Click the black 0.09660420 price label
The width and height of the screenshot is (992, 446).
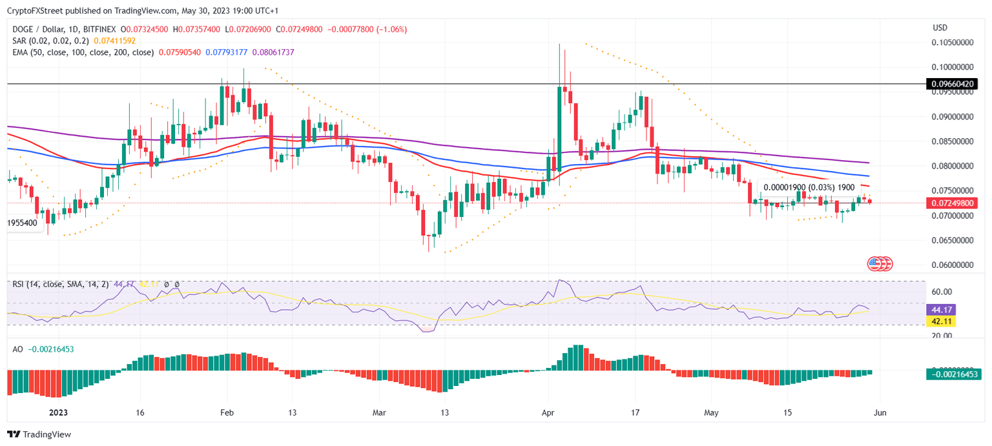tap(951, 84)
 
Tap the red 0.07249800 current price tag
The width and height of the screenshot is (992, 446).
tap(951, 203)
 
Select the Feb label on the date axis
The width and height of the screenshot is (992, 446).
tap(226, 412)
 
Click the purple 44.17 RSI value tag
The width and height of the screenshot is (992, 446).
tap(940, 310)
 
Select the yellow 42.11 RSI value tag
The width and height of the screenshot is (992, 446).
tap(940, 321)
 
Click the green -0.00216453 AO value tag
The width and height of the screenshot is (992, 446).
tap(951, 374)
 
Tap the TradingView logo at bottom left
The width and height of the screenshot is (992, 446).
tap(39, 434)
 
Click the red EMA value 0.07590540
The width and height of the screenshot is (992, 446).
tap(179, 52)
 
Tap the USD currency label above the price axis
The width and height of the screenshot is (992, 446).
tap(940, 28)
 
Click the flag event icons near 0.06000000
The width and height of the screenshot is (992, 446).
tap(880, 263)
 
